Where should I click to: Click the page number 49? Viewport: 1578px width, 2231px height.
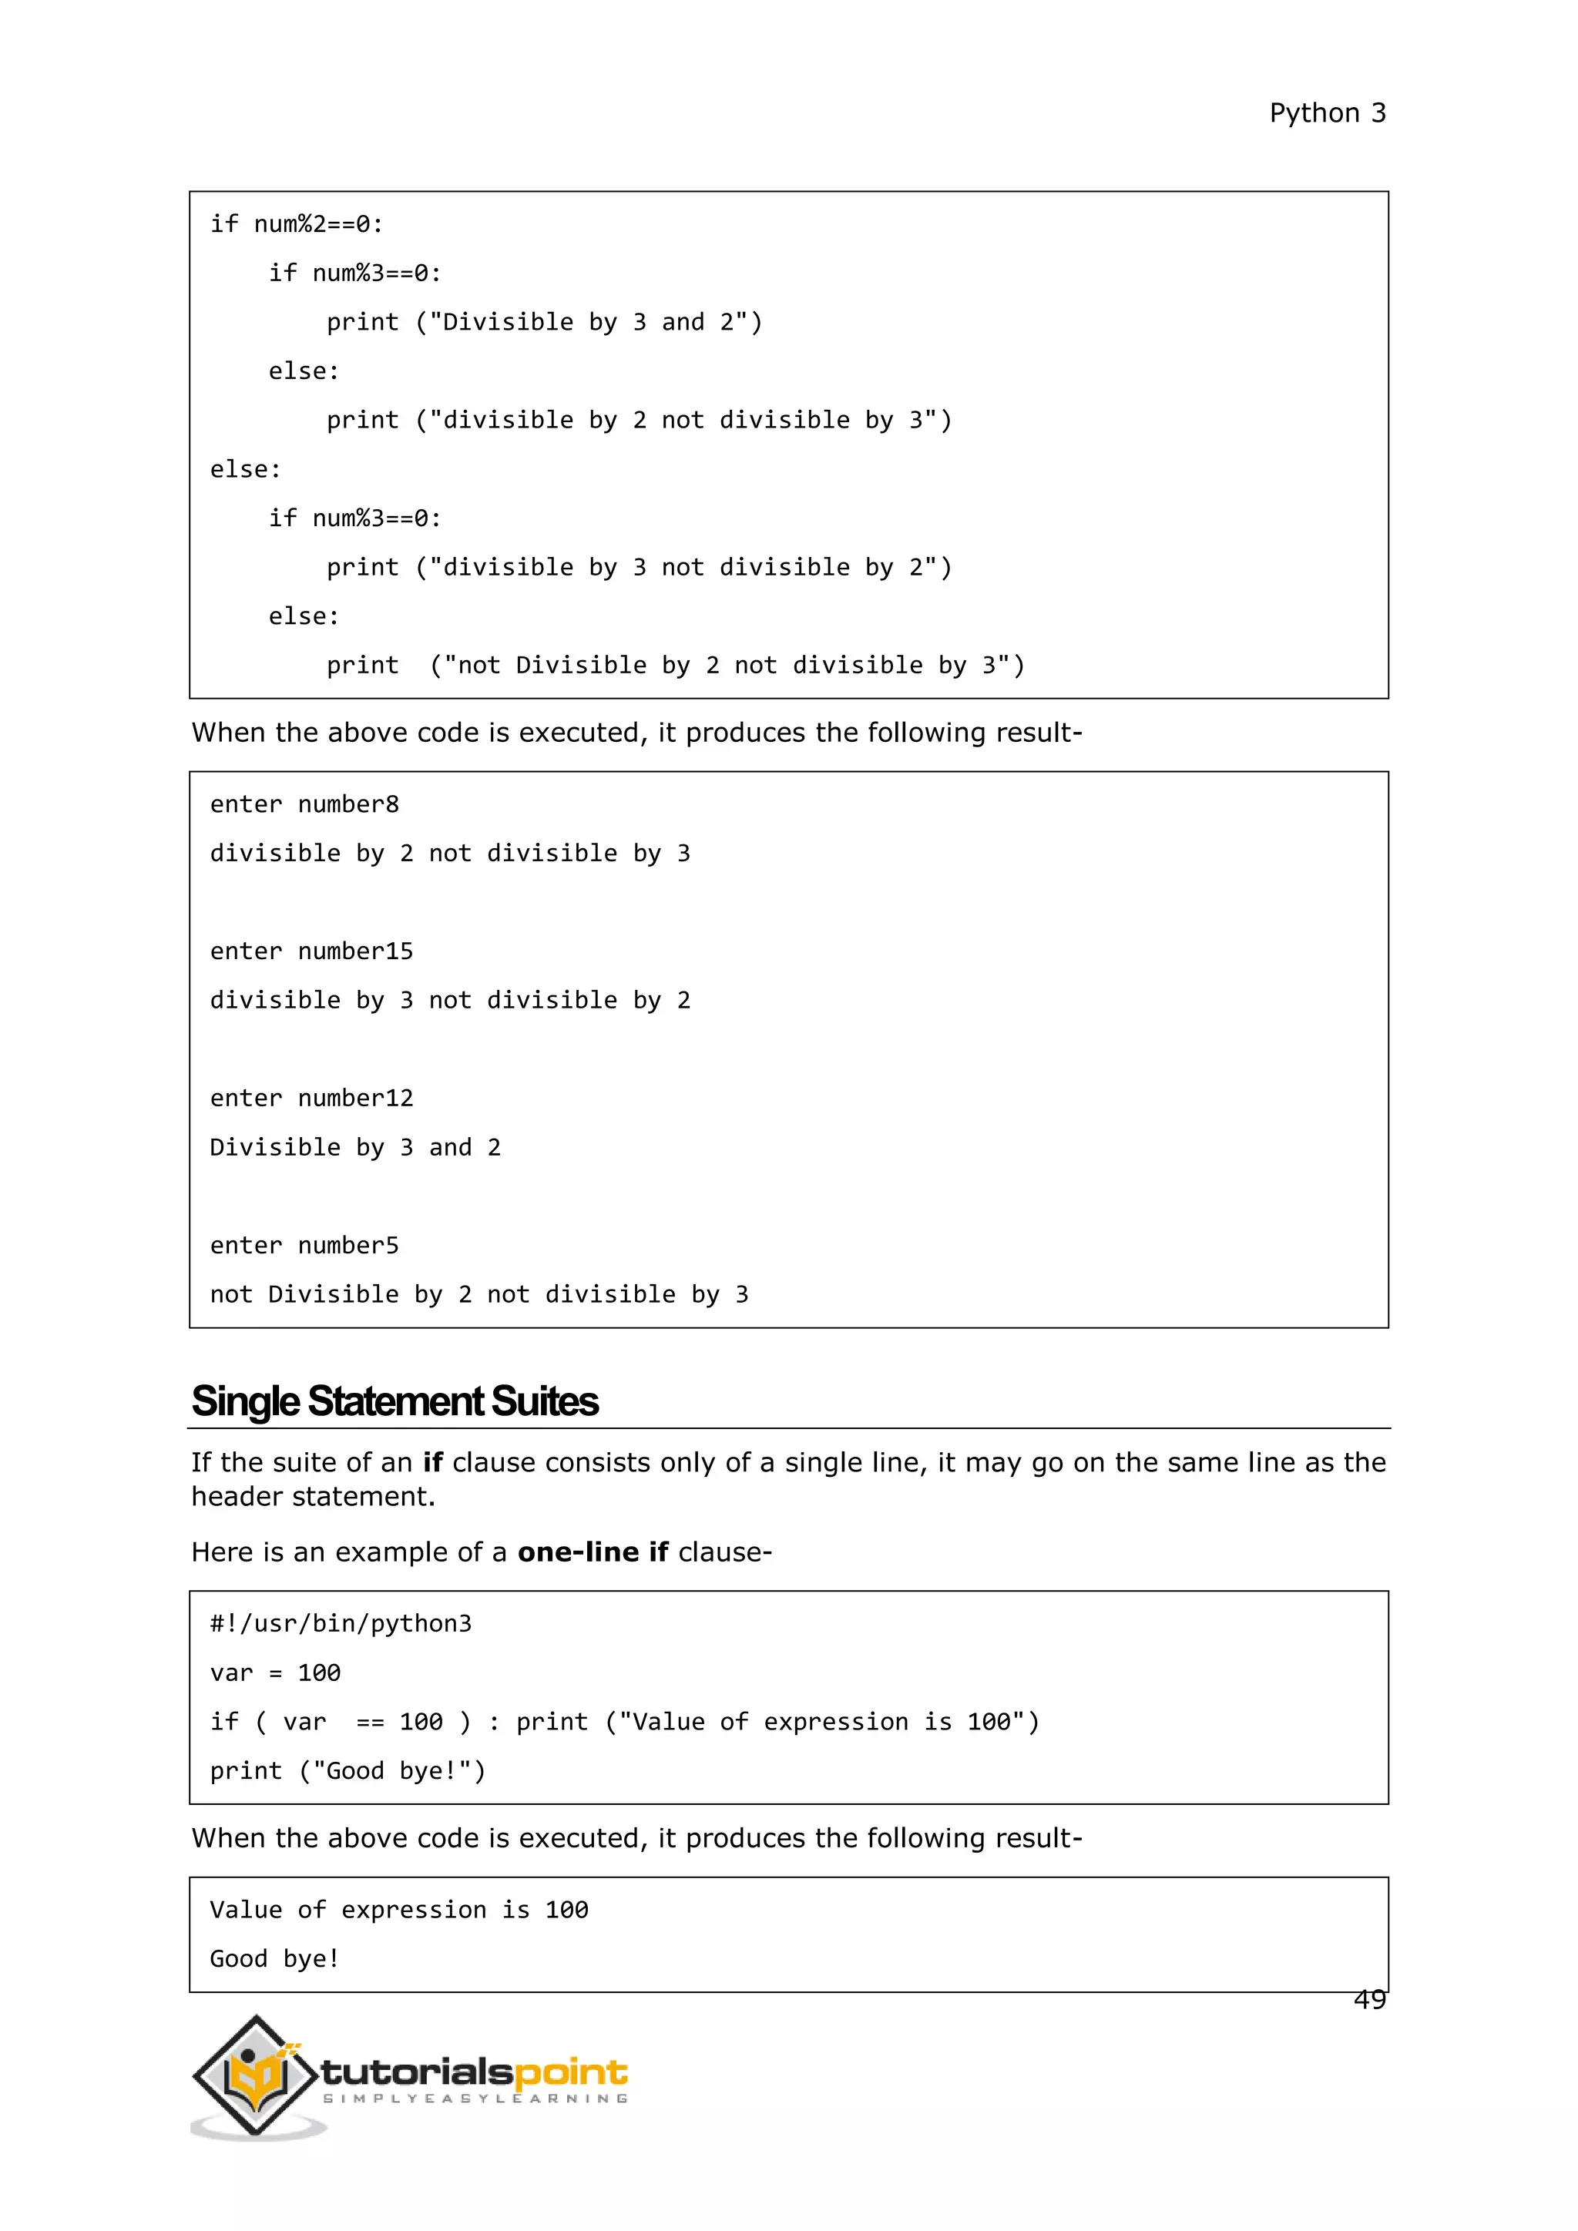pos(1369,1999)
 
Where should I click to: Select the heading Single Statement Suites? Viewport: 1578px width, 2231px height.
pos(394,1401)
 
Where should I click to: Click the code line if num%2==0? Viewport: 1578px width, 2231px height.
pos(297,224)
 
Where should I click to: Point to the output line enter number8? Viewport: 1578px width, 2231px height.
pos(304,804)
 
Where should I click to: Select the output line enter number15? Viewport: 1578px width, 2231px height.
pos(311,951)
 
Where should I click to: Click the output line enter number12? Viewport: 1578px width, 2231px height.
pos(311,1098)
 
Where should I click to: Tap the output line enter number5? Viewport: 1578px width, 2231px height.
pos(304,1246)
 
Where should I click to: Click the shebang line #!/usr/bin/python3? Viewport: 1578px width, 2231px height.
pos(340,1624)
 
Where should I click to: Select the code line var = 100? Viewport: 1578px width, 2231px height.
pos(275,1673)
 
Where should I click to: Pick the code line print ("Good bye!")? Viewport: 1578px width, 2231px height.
pos(347,1771)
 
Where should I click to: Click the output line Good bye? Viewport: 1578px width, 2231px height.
pos(274,1959)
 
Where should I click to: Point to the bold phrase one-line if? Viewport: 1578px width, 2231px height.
pos(592,1552)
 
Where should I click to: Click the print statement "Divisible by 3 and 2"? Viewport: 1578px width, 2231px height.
pos(544,323)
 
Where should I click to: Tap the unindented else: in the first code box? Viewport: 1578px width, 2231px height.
pos(245,469)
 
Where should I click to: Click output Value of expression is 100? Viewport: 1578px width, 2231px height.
pos(398,1910)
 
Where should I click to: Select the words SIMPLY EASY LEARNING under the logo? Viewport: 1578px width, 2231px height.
pos(475,2098)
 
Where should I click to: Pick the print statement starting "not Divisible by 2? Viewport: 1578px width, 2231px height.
pos(675,666)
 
